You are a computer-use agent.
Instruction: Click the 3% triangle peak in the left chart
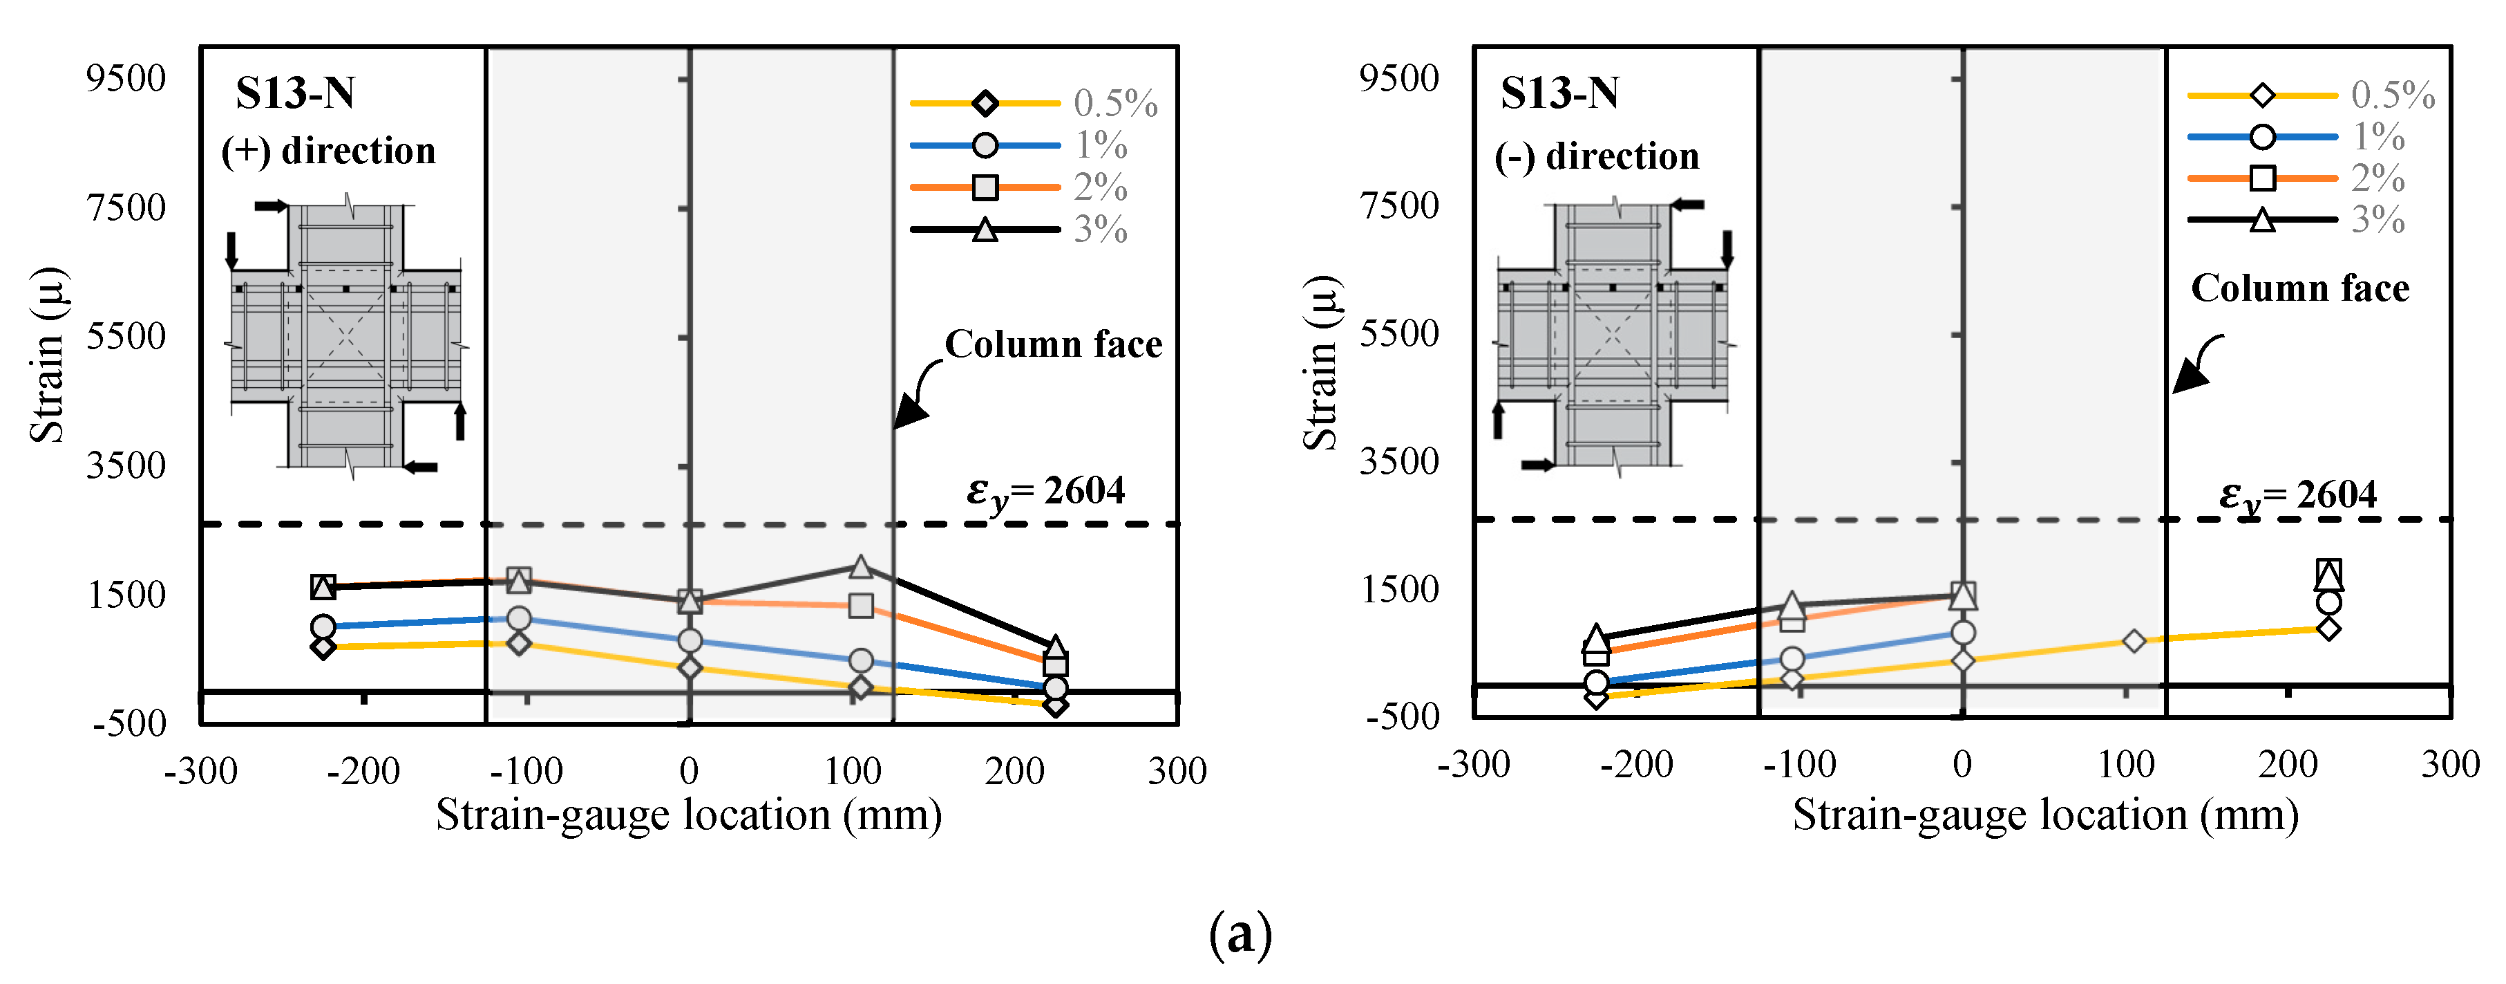(860, 566)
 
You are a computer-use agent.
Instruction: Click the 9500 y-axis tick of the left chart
(126, 78)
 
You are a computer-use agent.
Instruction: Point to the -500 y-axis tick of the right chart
(1402, 716)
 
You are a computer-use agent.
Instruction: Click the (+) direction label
(328, 151)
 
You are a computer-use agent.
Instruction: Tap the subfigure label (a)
(1240, 934)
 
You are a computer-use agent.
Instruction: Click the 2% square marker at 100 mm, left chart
(860, 605)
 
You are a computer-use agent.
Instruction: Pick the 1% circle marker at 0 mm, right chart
(1963, 633)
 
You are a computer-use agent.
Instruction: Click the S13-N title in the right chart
(1559, 93)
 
